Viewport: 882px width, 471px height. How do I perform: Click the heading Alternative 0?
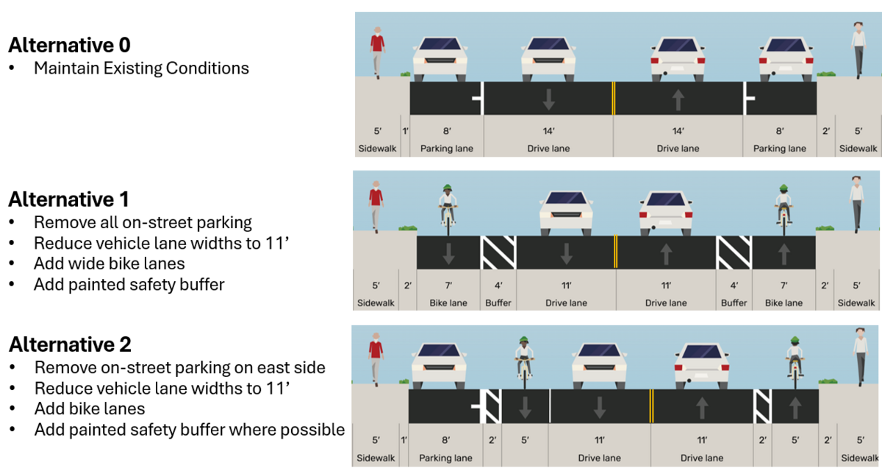(x=69, y=46)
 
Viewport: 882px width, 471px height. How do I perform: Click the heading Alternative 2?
(x=69, y=344)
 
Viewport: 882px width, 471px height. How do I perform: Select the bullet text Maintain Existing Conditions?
(x=141, y=68)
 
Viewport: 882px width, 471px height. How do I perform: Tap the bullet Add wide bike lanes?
(x=109, y=263)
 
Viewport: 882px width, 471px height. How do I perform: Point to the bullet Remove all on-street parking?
(x=143, y=222)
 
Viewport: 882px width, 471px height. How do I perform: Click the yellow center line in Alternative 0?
(x=613, y=98)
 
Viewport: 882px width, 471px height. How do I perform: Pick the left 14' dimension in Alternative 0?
(x=548, y=131)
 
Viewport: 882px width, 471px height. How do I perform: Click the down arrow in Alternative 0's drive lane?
(x=548, y=98)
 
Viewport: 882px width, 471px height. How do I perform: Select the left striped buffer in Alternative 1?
(x=498, y=252)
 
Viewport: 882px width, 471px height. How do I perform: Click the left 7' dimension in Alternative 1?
(x=448, y=286)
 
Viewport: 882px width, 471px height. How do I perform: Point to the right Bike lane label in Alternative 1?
(x=784, y=302)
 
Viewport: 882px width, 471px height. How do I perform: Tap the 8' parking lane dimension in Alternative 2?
(x=446, y=441)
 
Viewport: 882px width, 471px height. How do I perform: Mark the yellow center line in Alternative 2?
(x=650, y=406)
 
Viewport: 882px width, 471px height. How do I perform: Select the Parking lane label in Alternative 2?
(x=446, y=458)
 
